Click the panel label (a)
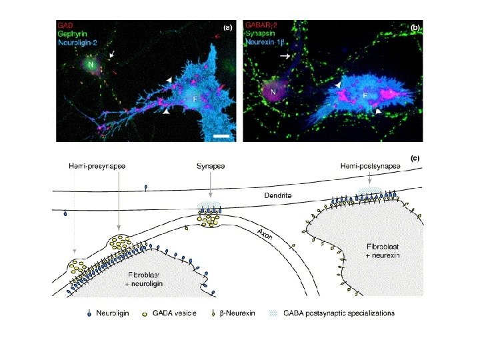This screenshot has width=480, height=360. point(227,28)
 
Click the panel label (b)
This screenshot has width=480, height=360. point(415,28)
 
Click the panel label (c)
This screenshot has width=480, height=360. point(415,158)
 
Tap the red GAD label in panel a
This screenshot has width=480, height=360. point(65,23)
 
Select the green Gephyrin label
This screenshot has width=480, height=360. point(73,31)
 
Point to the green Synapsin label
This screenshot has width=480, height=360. point(261,31)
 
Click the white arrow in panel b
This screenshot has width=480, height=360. point(285,57)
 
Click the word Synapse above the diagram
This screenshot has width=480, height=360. point(209,165)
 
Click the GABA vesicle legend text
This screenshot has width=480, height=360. point(173,313)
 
